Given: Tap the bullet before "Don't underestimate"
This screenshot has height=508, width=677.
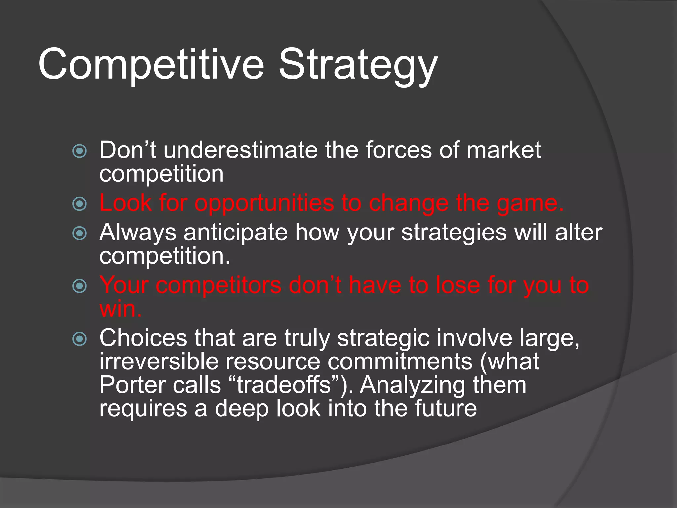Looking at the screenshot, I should point(79,151).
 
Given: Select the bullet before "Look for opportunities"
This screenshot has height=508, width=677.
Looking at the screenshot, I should point(79,204).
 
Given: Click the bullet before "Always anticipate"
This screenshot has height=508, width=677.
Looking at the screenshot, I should point(79,233).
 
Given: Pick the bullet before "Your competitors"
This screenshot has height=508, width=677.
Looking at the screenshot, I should point(79,286).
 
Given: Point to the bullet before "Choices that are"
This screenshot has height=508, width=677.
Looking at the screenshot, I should point(79,339).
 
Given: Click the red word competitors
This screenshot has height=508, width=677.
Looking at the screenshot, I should point(219,285).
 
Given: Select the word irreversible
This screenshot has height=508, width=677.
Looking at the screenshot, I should point(159,361).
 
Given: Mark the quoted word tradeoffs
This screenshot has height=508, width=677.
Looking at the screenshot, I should point(284,385).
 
